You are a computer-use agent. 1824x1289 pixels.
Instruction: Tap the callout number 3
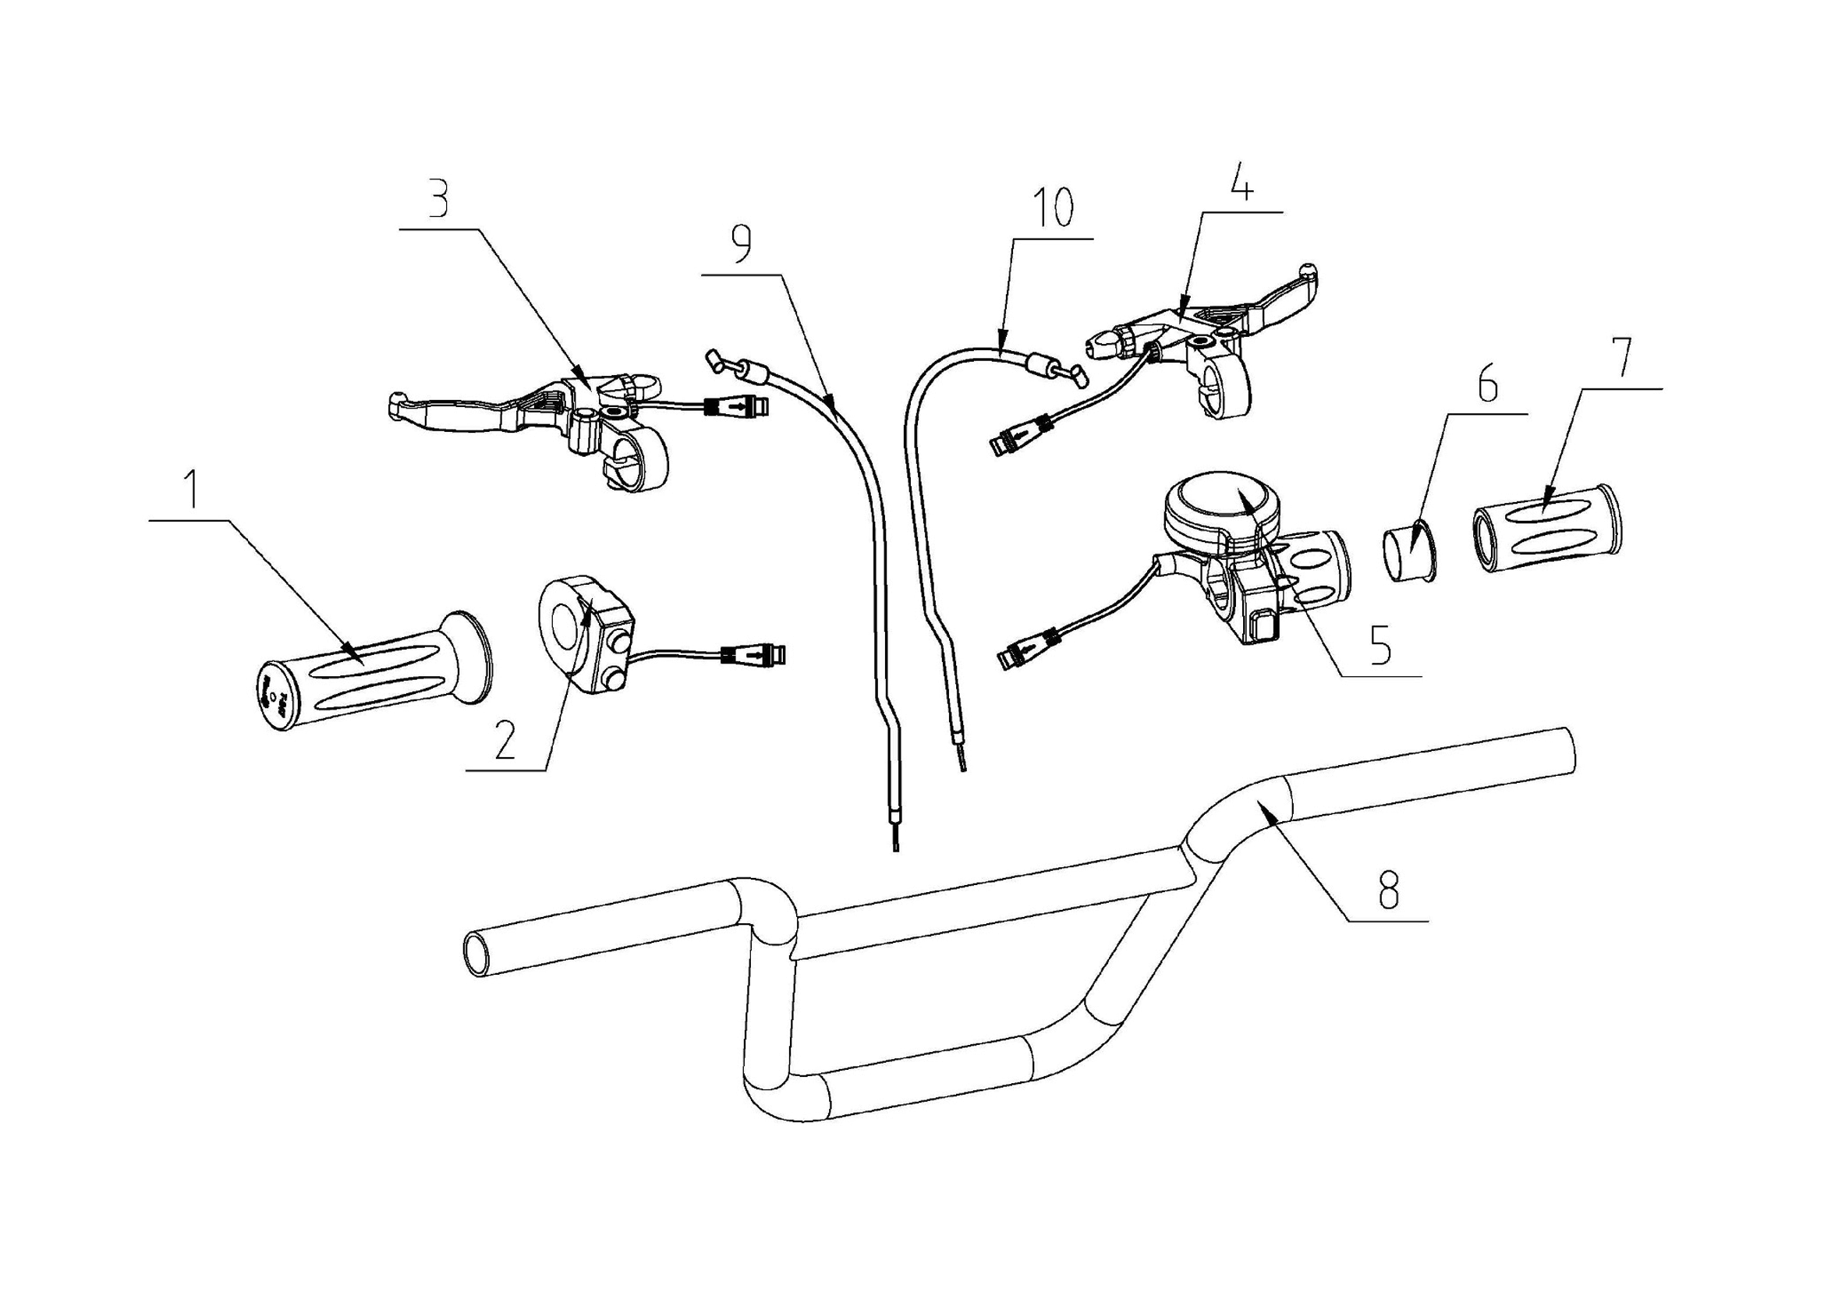(x=438, y=202)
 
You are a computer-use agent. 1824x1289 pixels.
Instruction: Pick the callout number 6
(x=1486, y=386)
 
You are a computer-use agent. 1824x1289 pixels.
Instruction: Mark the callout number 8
(x=1388, y=891)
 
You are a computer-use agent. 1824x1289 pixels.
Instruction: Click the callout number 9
(x=740, y=247)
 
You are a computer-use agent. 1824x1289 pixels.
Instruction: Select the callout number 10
(x=1054, y=208)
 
